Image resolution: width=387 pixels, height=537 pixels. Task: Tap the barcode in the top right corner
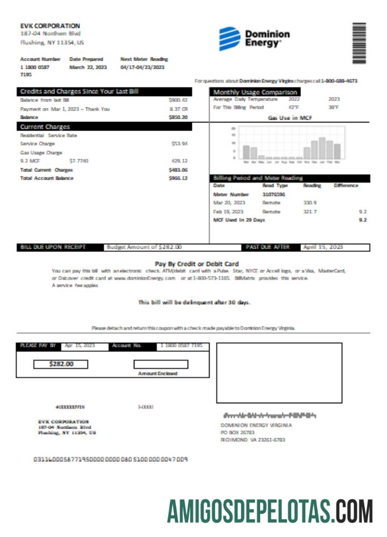click(359, 43)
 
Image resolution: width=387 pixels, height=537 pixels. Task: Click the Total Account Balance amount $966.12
click(178, 178)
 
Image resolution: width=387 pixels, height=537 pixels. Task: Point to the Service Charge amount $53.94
click(179, 143)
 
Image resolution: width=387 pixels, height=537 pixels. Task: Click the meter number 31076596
click(274, 194)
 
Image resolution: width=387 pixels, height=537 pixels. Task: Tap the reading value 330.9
click(310, 202)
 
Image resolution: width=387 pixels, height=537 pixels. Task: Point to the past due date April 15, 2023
click(322, 247)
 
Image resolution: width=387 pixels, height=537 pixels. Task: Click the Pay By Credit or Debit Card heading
click(196, 264)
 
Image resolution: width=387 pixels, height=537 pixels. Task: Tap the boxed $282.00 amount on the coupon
click(61, 364)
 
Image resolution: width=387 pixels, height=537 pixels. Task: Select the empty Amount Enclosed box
click(161, 364)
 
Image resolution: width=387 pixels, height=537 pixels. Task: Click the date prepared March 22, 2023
click(88, 68)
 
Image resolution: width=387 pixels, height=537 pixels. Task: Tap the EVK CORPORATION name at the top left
click(50, 26)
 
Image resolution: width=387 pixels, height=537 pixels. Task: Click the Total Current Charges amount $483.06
click(178, 170)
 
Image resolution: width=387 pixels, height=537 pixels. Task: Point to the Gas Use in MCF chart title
click(290, 118)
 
